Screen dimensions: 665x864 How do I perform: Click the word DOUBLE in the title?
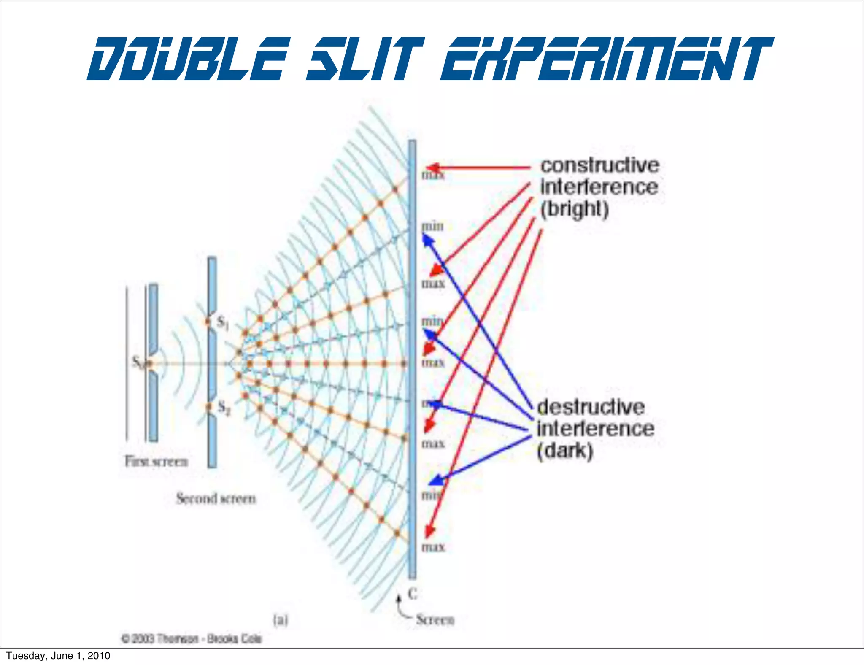click(188, 59)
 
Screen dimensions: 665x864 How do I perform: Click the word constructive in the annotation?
click(599, 165)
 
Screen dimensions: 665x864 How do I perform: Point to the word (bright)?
click(575, 209)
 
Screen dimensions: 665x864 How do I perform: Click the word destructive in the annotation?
click(591, 407)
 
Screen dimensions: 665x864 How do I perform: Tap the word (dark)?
click(565, 451)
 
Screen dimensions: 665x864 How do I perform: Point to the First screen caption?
click(156, 461)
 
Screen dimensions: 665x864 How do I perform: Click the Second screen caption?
click(216, 498)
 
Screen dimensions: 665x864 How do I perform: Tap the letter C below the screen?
click(413, 594)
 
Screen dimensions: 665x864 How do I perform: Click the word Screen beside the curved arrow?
click(435, 619)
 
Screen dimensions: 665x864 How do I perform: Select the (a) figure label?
click(280, 620)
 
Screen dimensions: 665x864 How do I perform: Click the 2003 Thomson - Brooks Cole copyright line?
click(192, 638)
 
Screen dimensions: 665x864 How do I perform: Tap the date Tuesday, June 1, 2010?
click(58, 655)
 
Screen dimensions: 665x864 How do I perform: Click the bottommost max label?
click(433, 547)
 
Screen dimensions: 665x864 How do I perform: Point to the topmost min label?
click(433, 227)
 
